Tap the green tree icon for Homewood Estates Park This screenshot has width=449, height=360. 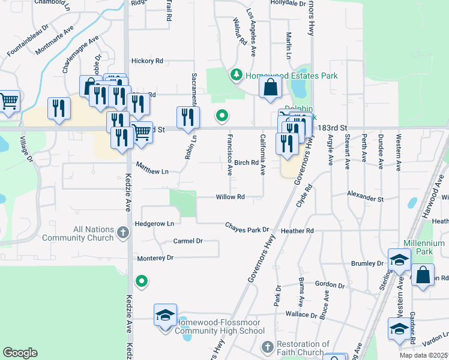point(237,75)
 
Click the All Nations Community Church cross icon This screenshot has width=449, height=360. point(122,232)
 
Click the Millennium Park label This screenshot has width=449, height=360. point(424,248)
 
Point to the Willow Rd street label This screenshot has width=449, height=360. point(231,197)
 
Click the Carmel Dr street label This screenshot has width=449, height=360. point(188,241)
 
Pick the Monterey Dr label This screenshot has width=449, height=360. point(155,258)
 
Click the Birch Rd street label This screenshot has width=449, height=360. point(246,163)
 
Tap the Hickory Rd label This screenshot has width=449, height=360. point(147,61)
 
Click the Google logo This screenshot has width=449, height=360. point(20,353)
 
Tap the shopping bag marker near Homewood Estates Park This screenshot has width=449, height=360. point(270,88)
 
